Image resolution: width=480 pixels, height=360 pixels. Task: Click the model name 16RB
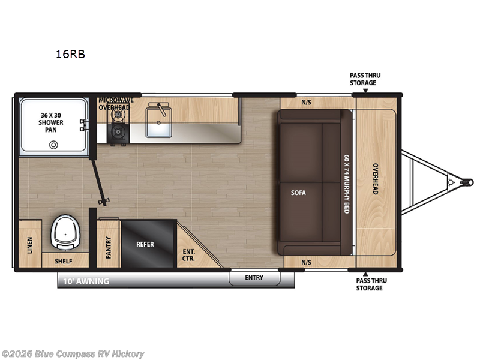70,54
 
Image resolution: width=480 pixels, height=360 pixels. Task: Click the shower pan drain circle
54,145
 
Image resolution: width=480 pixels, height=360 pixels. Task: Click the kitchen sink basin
159,127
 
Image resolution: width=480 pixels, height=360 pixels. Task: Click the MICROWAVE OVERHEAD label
114,103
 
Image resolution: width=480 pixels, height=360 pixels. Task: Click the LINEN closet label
30,245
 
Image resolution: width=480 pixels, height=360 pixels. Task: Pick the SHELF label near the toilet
64,261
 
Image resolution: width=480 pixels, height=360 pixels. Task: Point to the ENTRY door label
254,277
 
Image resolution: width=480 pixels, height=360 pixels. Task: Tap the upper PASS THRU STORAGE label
365,79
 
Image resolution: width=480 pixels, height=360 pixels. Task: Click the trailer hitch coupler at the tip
463,179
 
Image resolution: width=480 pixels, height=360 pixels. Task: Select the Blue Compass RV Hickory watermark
73,353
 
